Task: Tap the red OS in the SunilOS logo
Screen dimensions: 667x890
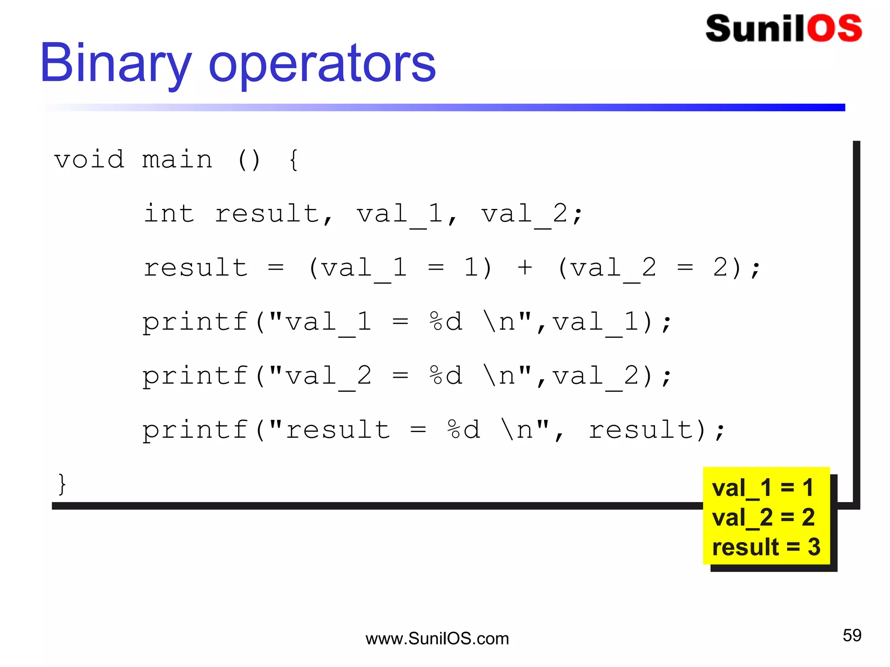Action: coord(834,29)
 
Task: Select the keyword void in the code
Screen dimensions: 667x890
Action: coord(89,159)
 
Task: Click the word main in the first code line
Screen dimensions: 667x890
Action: coord(177,159)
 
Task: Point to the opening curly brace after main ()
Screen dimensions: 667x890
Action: coord(294,160)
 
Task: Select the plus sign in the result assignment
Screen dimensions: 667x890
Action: coord(525,267)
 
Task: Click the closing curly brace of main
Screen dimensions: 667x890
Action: coord(62,484)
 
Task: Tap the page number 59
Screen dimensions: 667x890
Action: coord(852,635)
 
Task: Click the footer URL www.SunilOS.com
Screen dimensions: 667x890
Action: coord(437,639)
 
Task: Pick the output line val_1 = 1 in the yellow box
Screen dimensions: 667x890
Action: coord(762,488)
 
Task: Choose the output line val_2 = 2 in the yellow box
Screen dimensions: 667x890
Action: coord(763,517)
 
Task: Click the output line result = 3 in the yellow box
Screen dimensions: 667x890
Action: coord(766,547)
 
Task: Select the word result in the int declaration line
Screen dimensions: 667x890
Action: coord(268,214)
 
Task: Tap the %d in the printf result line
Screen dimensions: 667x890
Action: coord(463,429)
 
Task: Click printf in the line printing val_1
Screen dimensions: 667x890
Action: coord(196,322)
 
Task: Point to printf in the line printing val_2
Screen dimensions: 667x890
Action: coord(196,376)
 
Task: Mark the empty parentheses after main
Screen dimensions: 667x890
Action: coord(249,160)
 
